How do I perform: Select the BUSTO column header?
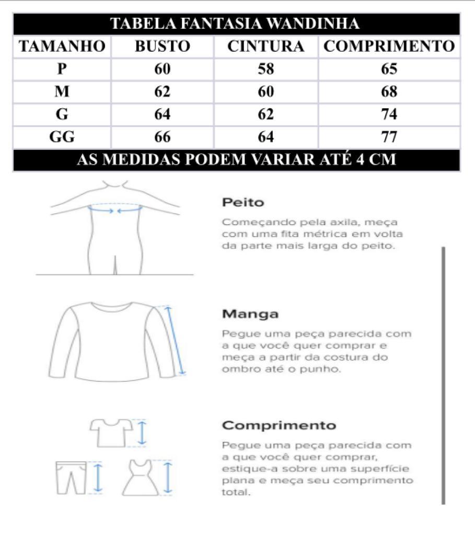(162, 46)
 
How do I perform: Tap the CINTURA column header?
(265, 46)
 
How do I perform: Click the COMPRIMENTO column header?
(389, 46)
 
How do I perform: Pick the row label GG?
(62, 137)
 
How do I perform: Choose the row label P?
(62, 69)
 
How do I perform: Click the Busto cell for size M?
(162, 92)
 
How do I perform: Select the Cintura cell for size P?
(265, 69)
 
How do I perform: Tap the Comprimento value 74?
(389, 114)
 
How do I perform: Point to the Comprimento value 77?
(389, 137)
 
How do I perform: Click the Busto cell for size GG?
(162, 137)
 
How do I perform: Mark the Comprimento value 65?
(389, 69)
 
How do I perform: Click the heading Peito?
(243, 202)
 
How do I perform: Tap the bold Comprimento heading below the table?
(279, 425)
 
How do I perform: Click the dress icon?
(141, 478)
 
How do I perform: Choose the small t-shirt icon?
(111, 432)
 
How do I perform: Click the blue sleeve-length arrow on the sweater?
(176, 340)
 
